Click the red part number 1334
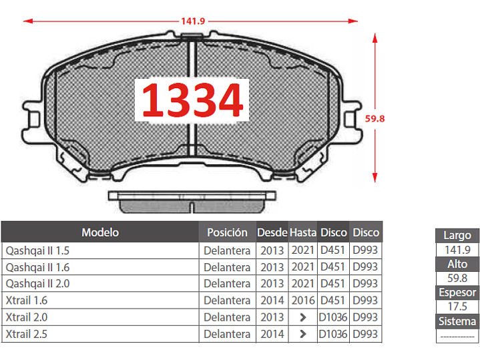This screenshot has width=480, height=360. (x=192, y=100)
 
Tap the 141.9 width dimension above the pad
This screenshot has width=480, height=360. (x=193, y=21)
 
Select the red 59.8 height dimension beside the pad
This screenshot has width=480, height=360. (x=375, y=119)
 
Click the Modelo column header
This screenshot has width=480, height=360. (x=100, y=232)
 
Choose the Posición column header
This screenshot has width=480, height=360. (x=227, y=232)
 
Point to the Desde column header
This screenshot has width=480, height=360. (x=272, y=232)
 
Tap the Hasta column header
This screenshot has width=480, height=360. (x=303, y=232)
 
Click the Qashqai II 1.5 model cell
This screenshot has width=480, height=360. (x=37, y=250)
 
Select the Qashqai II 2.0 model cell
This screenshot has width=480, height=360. (x=37, y=283)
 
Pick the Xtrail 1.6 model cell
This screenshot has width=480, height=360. (x=27, y=301)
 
